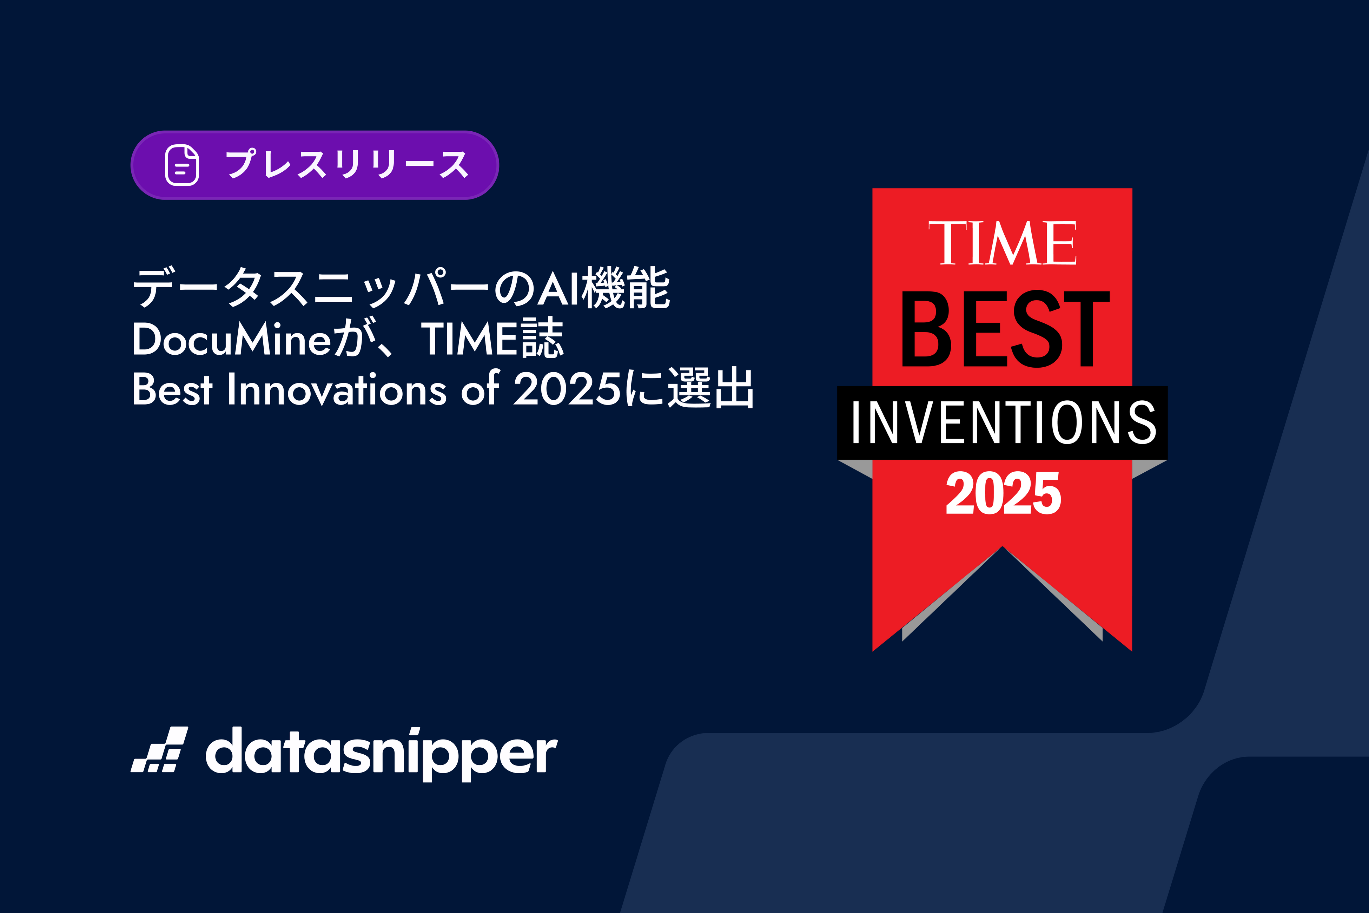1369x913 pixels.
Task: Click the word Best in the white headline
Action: (x=172, y=389)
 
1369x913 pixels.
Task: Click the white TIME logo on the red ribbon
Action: (x=1002, y=243)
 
